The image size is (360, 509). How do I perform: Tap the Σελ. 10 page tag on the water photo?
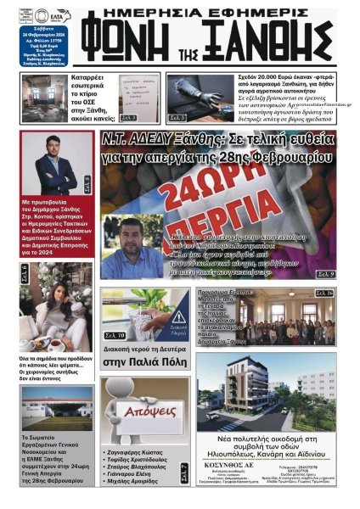[115, 336]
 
